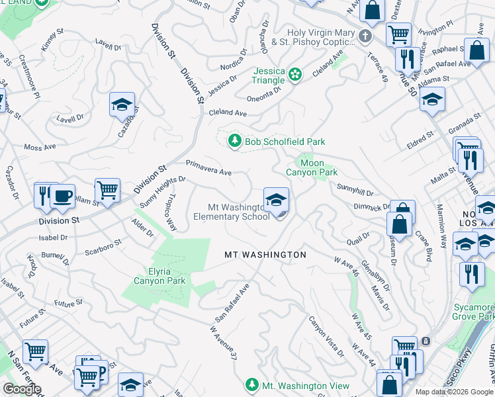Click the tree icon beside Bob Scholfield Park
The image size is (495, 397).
click(234, 141)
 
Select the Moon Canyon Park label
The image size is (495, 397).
click(311, 167)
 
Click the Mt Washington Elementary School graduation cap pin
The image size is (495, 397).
click(276, 199)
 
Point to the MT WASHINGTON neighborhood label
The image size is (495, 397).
click(265, 255)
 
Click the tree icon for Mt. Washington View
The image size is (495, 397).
click(251, 385)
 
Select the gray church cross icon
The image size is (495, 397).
click(364, 34)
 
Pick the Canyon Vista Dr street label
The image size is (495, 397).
click(326, 335)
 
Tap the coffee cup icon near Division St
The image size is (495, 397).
click(63, 196)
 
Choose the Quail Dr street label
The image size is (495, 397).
click(361, 237)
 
